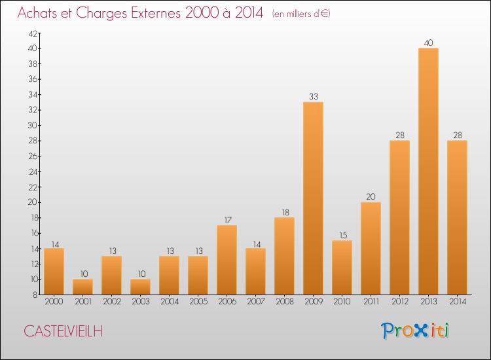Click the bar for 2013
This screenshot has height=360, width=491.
[429, 171]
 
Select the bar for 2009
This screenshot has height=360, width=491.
[314, 198]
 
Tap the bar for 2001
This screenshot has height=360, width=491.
[83, 287]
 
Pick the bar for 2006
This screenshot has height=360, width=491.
[227, 260]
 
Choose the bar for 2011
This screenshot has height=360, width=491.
[371, 248]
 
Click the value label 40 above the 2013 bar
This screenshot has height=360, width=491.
[429, 43]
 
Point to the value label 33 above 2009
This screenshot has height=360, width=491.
[314, 97]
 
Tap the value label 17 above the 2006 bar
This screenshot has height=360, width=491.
[227, 220]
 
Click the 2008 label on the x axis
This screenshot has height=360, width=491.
[285, 302]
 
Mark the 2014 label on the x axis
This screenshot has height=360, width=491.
[458, 302]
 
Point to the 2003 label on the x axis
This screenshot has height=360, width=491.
[141, 302]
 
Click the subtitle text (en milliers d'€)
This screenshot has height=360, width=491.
[301, 14]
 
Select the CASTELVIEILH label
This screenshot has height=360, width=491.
[63, 331]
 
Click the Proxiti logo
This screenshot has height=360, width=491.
[415, 331]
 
